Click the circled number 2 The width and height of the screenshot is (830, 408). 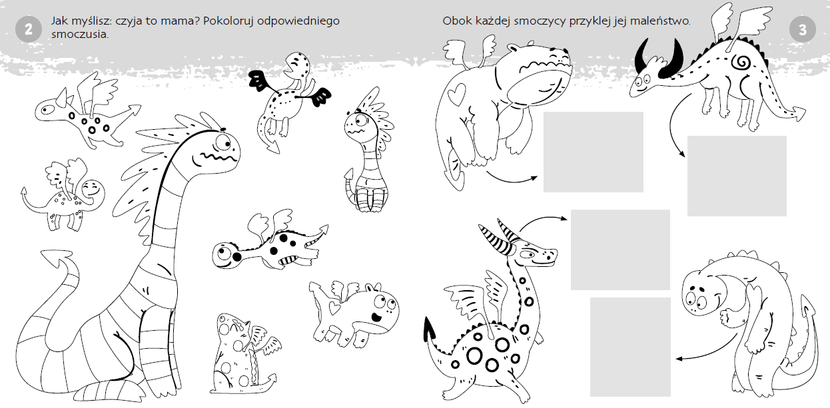tap(29, 29)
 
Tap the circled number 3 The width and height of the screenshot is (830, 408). tap(803, 30)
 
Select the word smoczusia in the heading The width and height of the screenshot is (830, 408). tap(80, 35)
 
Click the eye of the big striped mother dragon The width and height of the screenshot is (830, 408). tap(223, 142)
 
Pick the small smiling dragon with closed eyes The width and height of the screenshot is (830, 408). tap(63, 194)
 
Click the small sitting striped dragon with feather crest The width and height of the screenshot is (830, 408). tap(368, 152)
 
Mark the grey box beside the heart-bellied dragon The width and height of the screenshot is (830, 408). tap(594, 152)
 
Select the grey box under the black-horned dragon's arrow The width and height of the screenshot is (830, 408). tap(737, 176)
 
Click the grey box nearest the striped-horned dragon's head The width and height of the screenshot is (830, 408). tap(620, 250)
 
